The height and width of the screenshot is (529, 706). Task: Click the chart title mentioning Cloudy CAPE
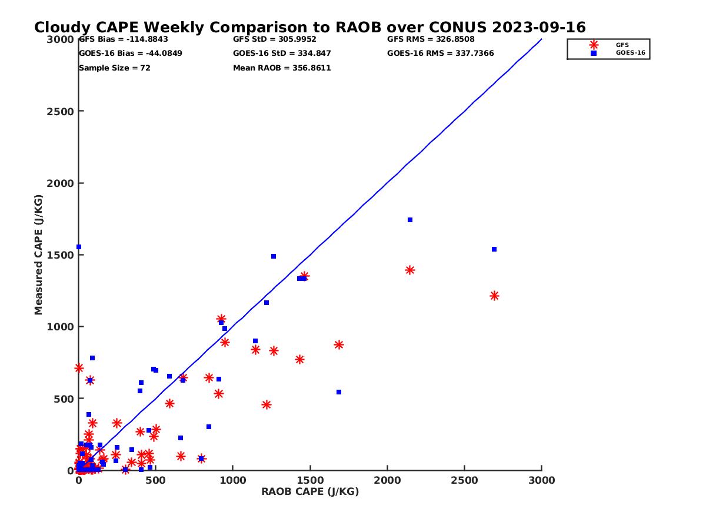pos(309,28)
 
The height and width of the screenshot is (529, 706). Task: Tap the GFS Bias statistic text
pos(124,39)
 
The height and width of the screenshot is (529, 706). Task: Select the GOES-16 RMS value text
pos(441,53)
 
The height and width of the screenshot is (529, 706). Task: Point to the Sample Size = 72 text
pos(115,68)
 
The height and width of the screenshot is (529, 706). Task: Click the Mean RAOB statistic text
pos(282,68)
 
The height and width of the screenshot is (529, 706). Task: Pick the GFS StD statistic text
pos(275,39)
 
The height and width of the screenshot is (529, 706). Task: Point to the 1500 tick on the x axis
pos(310,481)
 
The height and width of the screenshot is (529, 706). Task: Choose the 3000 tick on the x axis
pos(542,481)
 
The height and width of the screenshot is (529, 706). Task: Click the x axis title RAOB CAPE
pos(310,492)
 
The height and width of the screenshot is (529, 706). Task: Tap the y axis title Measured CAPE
pos(39,255)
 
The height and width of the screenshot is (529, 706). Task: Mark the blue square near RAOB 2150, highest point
pos(410,220)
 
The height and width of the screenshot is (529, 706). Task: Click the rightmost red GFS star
pos(494,296)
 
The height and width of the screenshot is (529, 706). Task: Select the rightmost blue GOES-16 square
pos(494,249)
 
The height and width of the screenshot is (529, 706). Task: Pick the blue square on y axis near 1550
pos(79,247)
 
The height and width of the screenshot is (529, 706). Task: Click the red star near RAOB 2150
pos(410,270)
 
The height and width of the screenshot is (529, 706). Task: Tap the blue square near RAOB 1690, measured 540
pos(339,392)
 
